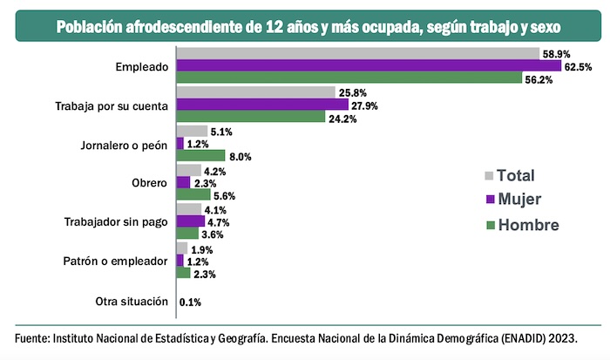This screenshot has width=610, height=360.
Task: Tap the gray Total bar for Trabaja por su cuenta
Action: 255,92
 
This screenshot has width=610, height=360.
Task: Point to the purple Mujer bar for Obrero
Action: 183,182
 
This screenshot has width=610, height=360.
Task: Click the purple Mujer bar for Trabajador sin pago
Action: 190,221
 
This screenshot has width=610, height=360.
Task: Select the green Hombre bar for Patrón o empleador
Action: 183,273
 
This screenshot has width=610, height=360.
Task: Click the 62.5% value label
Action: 579,67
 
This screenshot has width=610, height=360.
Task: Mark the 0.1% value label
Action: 190,302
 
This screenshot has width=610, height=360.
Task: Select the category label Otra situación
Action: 132,302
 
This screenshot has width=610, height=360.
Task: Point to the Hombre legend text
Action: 529,226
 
